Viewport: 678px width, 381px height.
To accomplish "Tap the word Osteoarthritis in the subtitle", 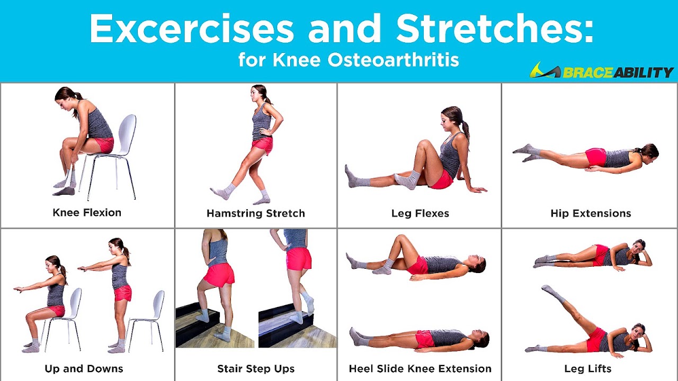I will coord(392,60).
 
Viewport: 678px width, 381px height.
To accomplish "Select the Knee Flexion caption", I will coord(87,213).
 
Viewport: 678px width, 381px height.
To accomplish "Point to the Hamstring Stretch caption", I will coord(256,214).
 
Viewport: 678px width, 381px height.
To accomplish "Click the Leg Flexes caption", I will coord(420,214).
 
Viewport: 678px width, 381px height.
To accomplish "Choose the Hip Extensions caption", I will coord(591,214).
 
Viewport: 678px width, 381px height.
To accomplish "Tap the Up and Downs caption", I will coord(84,369).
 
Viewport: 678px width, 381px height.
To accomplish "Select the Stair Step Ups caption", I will coord(256,369).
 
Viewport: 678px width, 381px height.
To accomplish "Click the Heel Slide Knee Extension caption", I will coord(420,369).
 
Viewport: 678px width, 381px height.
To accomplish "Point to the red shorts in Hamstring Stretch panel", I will coord(262,144).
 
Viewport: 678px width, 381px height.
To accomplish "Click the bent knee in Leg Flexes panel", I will coord(422,144).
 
